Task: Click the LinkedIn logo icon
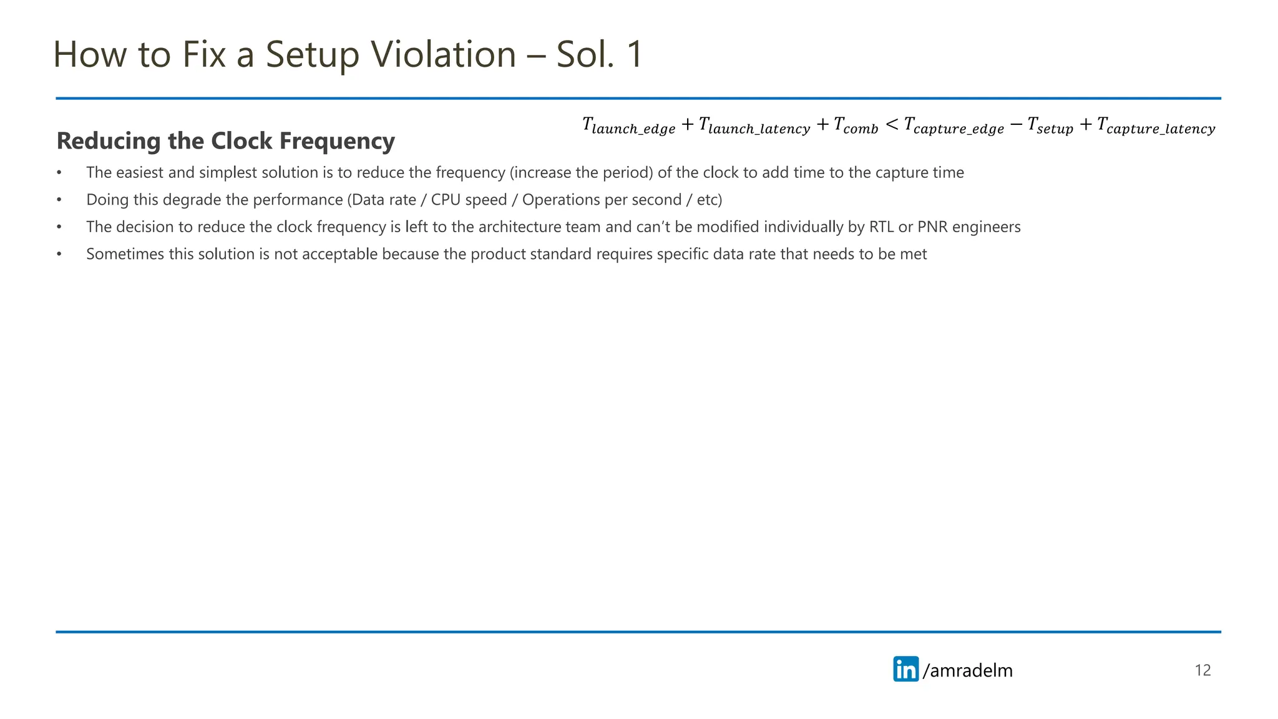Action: click(905, 669)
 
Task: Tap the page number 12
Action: click(1202, 670)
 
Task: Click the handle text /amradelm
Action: click(968, 670)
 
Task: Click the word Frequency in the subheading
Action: click(337, 141)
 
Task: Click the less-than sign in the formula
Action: click(892, 125)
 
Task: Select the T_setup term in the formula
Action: click(1050, 126)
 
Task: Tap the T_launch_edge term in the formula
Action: click(628, 126)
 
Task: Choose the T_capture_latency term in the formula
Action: click(1156, 126)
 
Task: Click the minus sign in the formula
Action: click(1016, 125)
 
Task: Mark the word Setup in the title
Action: click(313, 54)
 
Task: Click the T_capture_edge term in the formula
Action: click(954, 126)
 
